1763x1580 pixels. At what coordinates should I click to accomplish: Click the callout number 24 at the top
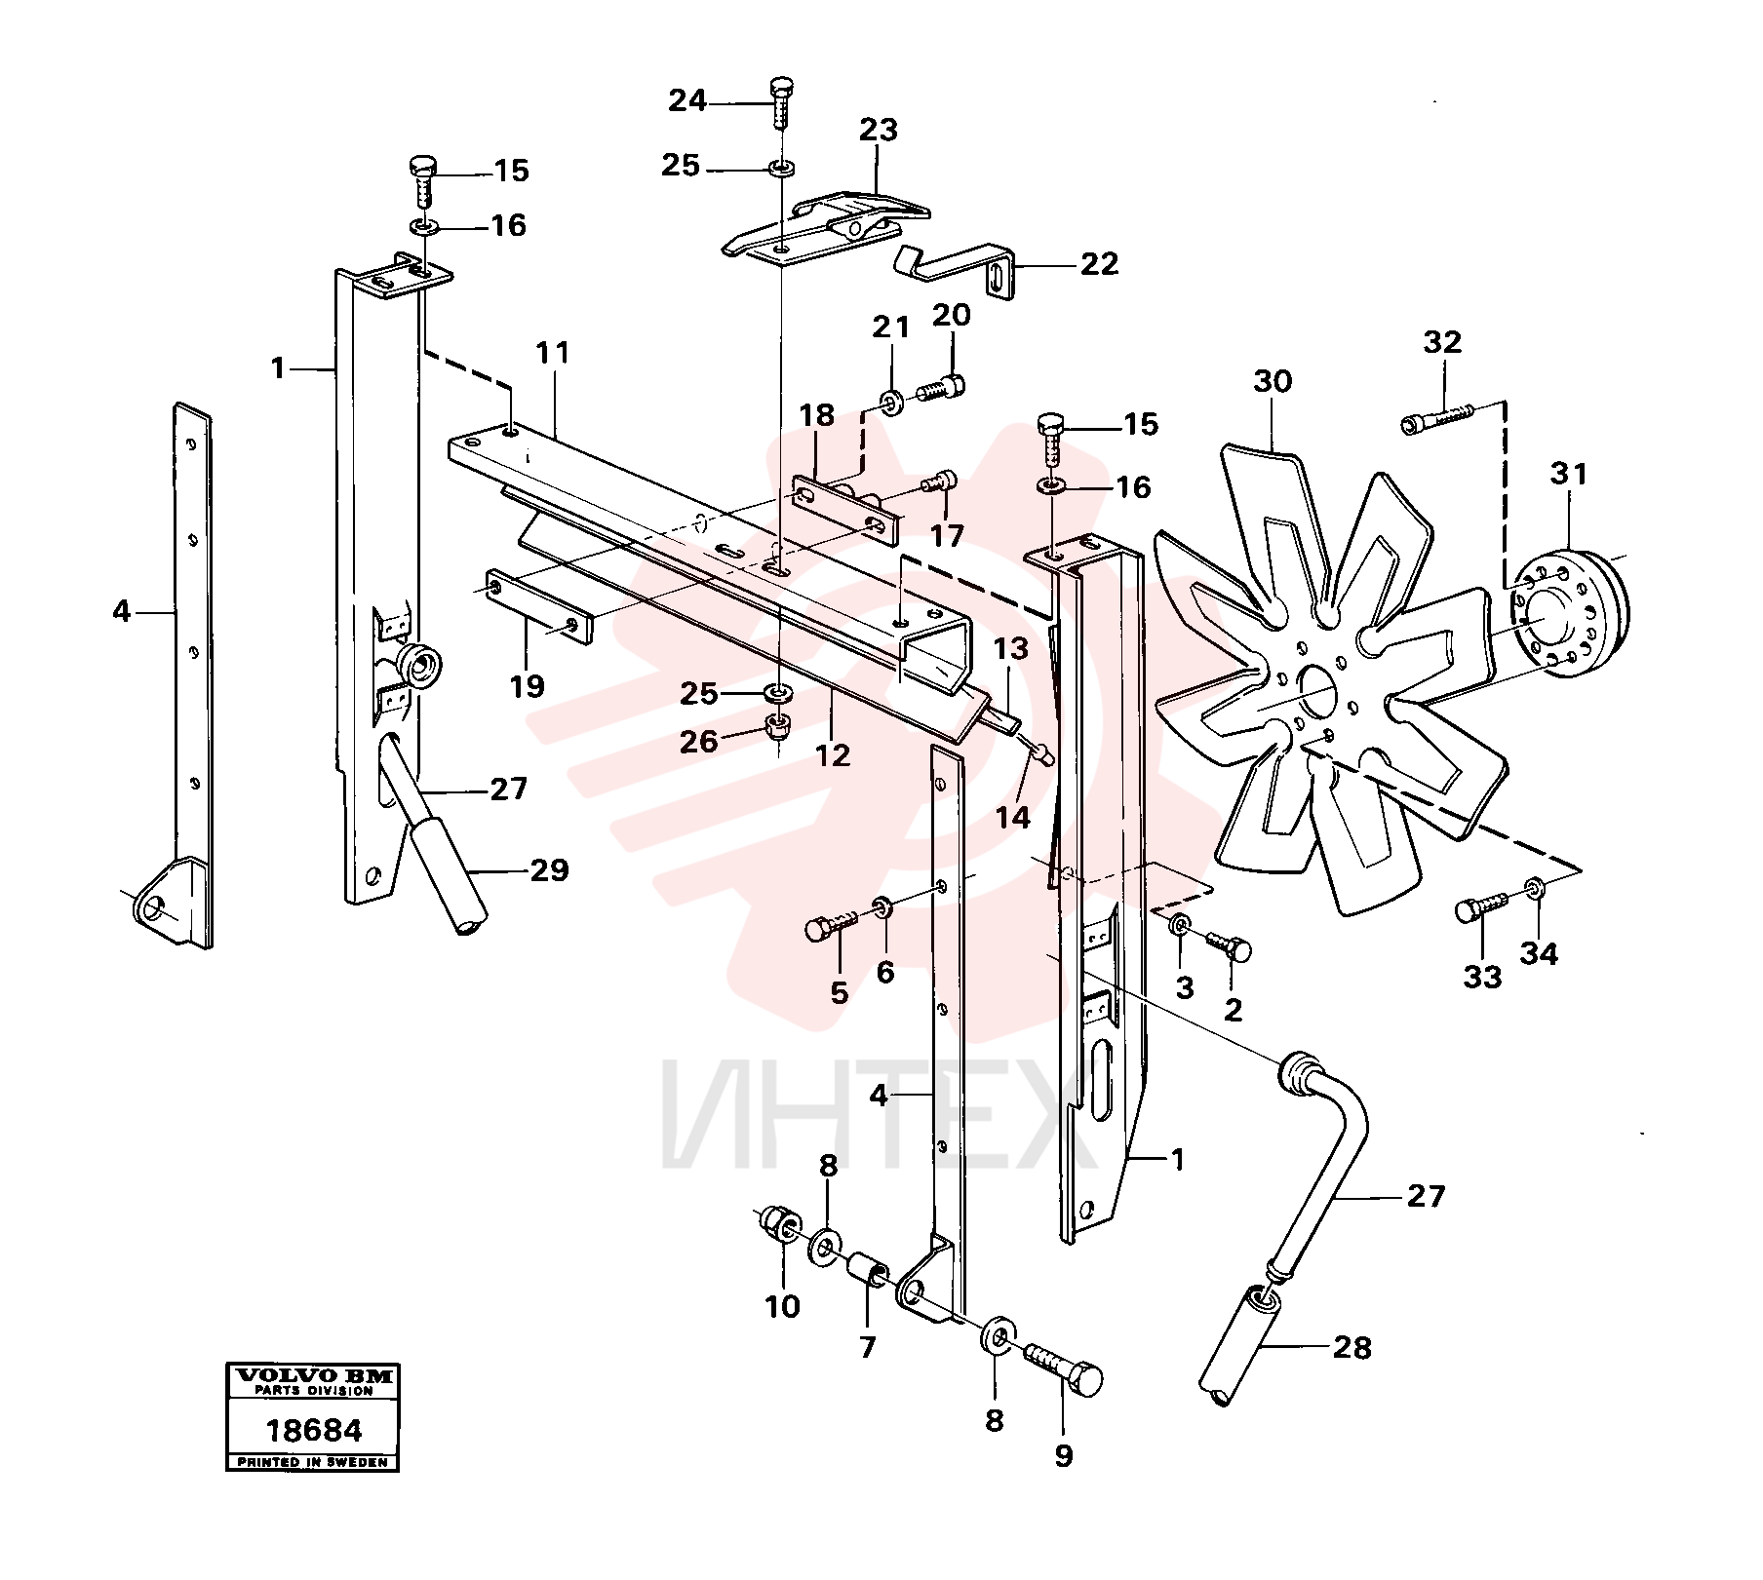tap(686, 100)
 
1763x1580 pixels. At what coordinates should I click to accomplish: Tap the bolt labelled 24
tap(782, 101)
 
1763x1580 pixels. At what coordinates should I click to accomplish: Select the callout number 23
tap(878, 130)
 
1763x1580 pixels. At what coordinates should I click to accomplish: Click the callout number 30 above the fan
tap(1272, 381)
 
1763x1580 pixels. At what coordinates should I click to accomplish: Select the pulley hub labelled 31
tap(1572, 613)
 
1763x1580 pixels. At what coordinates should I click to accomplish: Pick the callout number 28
tap(1351, 1348)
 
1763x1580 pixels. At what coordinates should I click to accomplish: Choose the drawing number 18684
tap(313, 1431)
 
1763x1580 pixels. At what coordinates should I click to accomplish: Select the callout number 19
tap(527, 685)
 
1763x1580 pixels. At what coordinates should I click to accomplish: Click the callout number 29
tap(548, 869)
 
